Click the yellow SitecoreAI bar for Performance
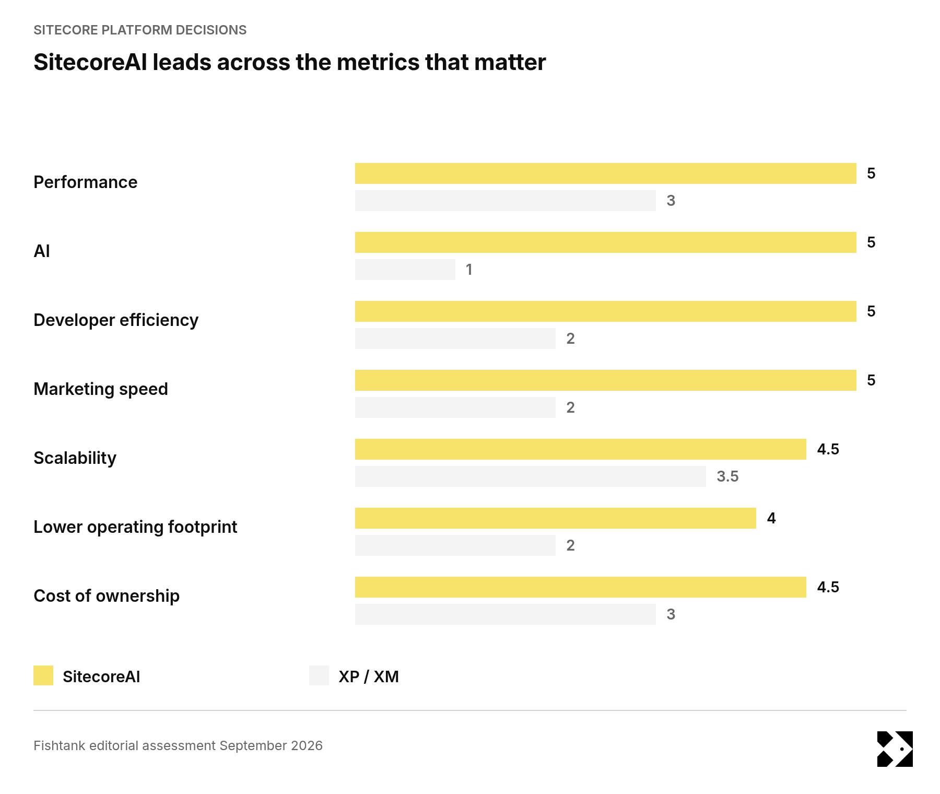[x=606, y=173]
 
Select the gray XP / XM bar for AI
[x=405, y=270]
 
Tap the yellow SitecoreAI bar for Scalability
[x=581, y=449]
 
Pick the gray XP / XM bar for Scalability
[x=531, y=476]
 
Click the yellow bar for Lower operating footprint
[x=556, y=518]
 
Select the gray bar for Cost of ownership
[x=506, y=614]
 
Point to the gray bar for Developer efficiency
[x=455, y=338]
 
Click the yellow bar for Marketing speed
[x=606, y=380]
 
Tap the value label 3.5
[x=727, y=476]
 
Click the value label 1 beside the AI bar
[x=469, y=270]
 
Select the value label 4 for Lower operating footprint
[x=771, y=518]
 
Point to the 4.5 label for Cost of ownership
[x=828, y=587]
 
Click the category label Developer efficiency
[x=116, y=320]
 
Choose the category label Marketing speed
[x=101, y=389]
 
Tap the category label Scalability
[x=75, y=458]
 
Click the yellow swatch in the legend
[x=43, y=675]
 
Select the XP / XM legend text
[x=369, y=676]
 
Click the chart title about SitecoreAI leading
[x=290, y=62]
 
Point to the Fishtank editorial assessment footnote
[x=178, y=745]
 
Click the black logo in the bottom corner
[x=895, y=749]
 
